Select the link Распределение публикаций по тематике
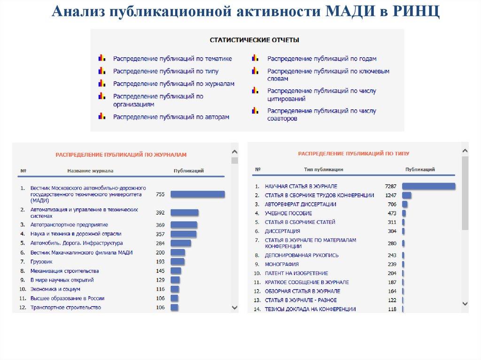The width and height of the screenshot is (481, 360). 172,59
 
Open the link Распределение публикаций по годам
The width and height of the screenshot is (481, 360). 322,59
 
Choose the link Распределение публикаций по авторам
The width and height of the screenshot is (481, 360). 171,116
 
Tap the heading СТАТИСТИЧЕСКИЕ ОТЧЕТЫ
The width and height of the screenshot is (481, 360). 254,40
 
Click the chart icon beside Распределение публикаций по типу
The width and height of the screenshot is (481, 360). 101,71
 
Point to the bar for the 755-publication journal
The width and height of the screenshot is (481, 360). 197,194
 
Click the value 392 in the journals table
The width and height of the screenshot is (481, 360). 160,213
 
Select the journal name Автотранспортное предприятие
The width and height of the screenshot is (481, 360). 69,225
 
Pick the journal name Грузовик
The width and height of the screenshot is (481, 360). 41,261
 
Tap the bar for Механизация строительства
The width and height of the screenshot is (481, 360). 176,271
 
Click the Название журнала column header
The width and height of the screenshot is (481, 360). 90,171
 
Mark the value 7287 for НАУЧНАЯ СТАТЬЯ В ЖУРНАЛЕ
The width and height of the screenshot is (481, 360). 391,186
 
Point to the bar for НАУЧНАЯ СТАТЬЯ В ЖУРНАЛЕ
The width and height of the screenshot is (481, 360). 429,186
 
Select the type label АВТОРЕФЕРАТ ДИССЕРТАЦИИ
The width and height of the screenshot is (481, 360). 301,204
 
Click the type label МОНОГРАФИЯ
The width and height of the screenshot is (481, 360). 282,264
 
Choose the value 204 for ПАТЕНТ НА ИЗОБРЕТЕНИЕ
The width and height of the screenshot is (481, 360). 392,273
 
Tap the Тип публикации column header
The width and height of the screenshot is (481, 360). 324,169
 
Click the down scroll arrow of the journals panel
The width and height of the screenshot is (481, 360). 234,307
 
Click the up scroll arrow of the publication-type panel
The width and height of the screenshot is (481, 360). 465,151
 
